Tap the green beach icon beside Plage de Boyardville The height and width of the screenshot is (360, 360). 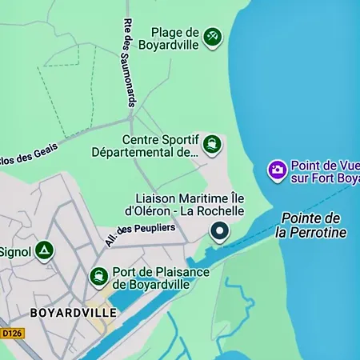point(212,37)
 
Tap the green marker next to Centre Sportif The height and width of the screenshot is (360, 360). point(211,144)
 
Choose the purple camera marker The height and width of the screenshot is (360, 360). point(277,170)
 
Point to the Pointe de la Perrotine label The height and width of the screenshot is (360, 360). point(310,225)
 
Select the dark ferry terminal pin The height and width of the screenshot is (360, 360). point(220,232)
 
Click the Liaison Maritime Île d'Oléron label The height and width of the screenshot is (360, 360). point(190,204)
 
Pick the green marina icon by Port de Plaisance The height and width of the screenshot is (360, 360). point(99,277)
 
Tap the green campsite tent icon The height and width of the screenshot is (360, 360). point(44,252)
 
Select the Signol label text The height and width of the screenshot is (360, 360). point(14,252)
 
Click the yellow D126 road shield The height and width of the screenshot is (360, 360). point(12,333)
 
